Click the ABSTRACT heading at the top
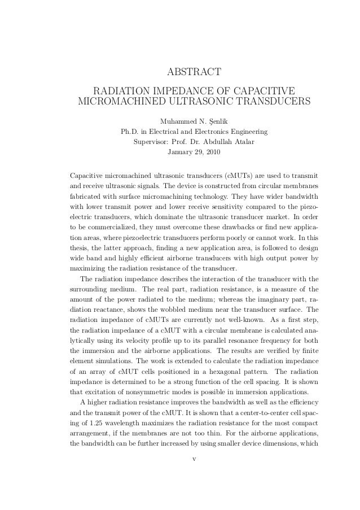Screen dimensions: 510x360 (194, 72)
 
